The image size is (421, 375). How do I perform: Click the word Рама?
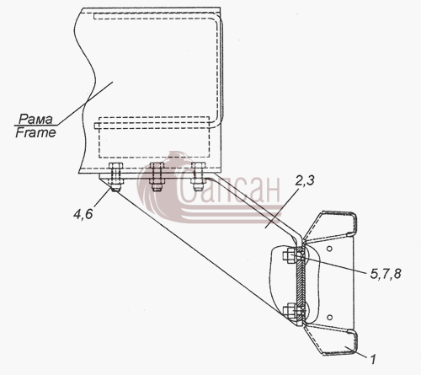[35, 120]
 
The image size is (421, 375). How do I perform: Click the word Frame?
[35, 132]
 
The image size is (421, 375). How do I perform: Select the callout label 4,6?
[83, 215]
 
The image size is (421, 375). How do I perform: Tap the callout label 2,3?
[305, 180]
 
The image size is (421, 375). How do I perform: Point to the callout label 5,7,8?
[386, 274]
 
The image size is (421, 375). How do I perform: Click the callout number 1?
[373, 360]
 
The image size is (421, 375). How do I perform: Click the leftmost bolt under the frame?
[115, 177]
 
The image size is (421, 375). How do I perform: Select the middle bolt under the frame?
[157, 177]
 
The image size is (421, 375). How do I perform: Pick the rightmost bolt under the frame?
[198, 176]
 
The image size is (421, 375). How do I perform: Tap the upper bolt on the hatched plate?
[293, 255]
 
